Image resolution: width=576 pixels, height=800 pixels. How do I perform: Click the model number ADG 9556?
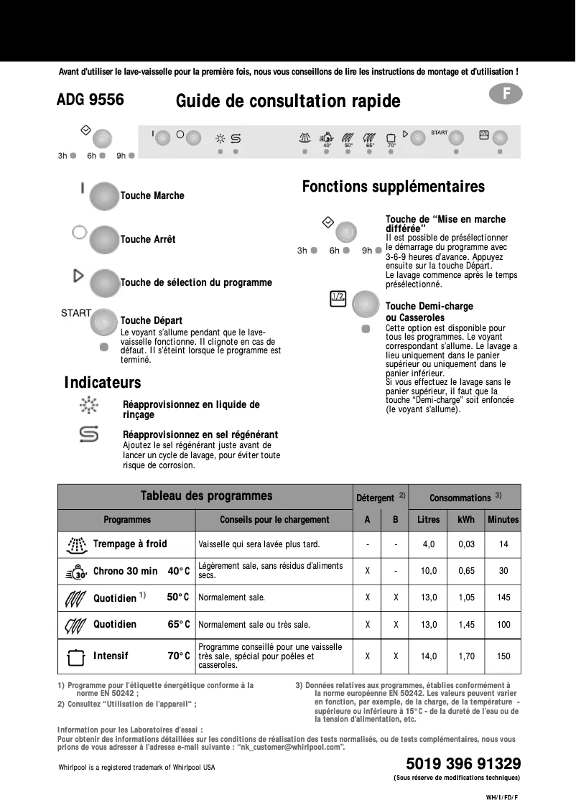[90, 101]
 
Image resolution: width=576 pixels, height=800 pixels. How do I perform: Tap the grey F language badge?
[506, 94]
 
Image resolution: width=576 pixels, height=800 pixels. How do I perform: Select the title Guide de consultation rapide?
[288, 101]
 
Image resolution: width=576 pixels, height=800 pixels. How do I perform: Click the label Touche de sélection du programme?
[196, 283]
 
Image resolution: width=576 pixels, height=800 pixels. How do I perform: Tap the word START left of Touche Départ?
[75, 313]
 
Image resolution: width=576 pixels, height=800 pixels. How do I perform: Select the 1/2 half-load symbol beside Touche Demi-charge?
[338, 298]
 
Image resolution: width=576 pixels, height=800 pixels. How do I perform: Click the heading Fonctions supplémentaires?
[393, 187]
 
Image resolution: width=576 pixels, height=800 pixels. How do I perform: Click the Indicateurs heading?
[103, 383]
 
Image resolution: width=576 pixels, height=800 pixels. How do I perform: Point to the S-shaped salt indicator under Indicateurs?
[89, 434]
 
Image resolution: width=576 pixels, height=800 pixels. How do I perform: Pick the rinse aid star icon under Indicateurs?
[89, 405]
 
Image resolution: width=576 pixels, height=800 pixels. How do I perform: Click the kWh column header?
[466, 519]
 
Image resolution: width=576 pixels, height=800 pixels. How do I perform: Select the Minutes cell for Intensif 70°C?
[503, 656]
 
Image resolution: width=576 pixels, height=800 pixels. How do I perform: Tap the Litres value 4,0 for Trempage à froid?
[429, 544]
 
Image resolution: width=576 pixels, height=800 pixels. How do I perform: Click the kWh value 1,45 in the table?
[466, 625]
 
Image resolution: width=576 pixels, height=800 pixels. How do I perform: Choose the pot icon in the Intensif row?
[75, 656]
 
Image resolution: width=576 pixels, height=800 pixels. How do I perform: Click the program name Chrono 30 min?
[125, 572]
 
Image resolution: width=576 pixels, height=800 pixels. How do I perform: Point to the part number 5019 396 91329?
[463, 763]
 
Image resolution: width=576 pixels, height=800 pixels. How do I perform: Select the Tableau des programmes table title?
[206, 496]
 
